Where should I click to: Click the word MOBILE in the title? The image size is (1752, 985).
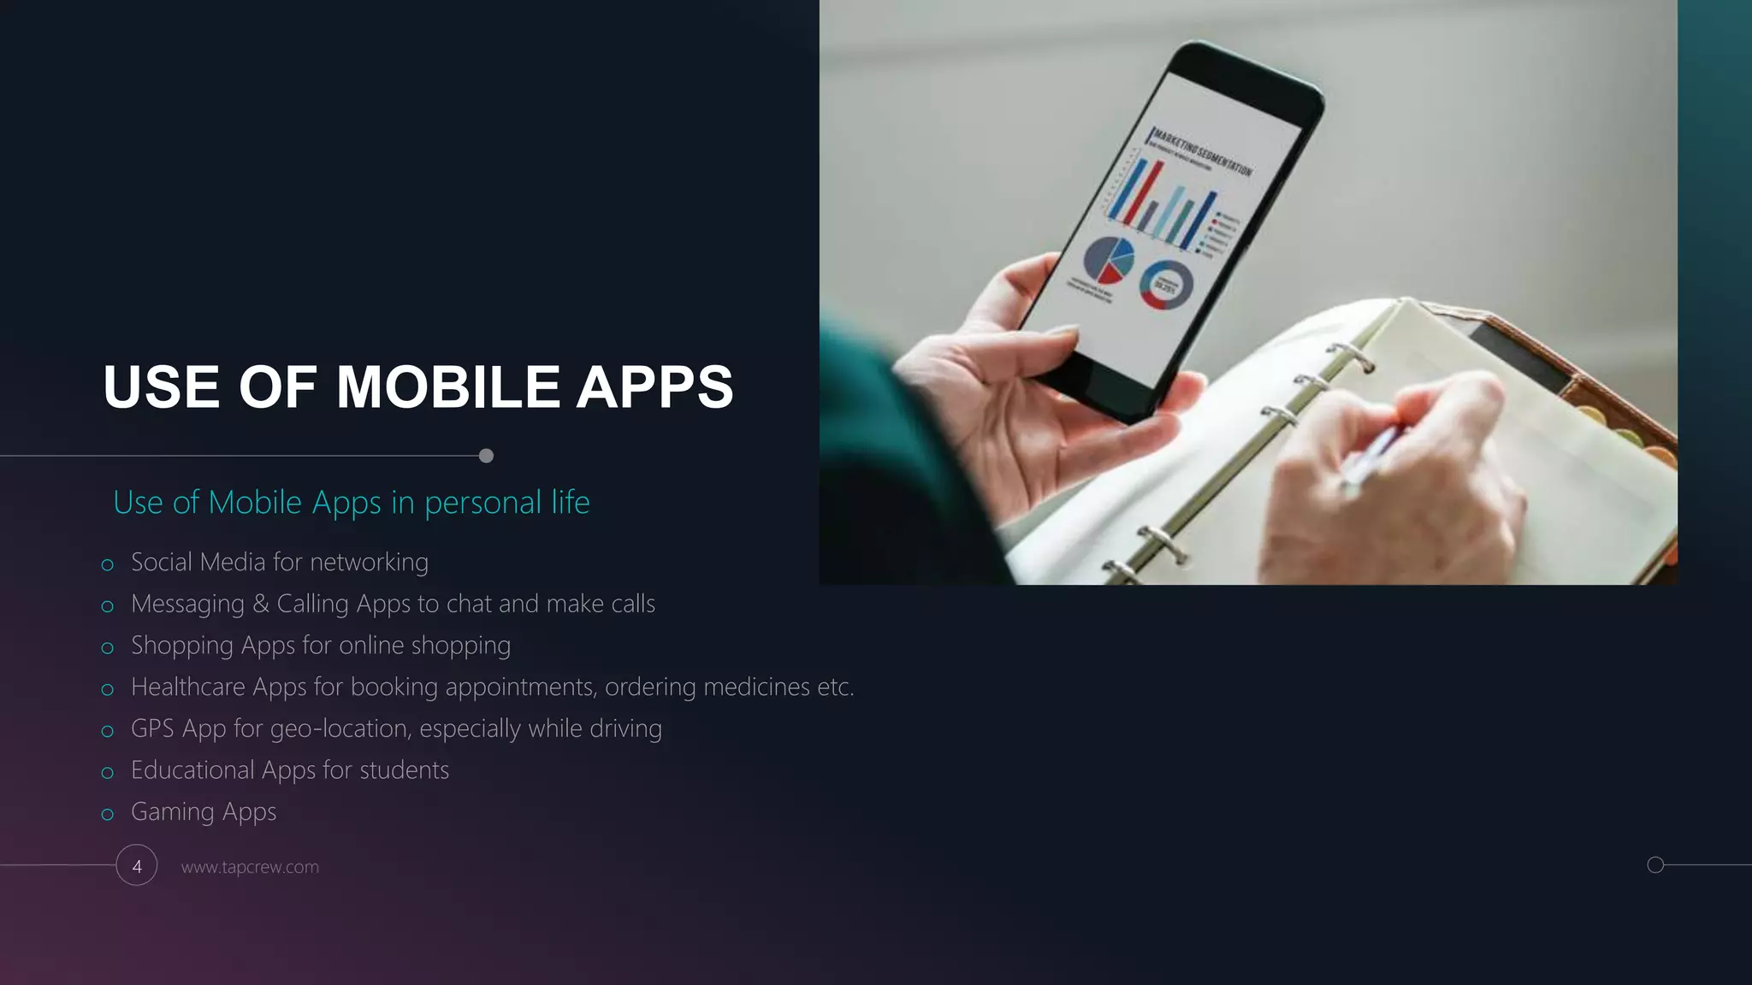click(447, 387)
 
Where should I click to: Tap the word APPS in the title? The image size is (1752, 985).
click(654, 387)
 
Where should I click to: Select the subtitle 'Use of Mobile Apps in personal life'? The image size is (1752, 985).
click(351, 503)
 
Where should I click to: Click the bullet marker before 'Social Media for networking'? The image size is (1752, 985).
click(107, 565)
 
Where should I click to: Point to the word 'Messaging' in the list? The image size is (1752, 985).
click(187, 605)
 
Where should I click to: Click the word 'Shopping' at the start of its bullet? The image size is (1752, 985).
click(181, 646)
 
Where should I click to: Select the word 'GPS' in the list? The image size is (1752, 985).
click(152, 728)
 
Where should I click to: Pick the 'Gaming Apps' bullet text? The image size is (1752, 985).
click(204, 812)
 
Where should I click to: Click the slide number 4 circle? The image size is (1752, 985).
click(137, 865)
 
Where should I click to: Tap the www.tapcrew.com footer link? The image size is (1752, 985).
click(250, 867)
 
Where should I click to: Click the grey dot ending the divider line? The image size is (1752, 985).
click(486, 456)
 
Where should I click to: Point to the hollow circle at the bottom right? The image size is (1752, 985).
click(1655, 865)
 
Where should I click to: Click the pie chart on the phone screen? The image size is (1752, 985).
click(1109, 260)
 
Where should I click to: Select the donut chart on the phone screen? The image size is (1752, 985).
click(1165, 286)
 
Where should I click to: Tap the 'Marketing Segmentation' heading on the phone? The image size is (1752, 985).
click(1202, 151)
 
